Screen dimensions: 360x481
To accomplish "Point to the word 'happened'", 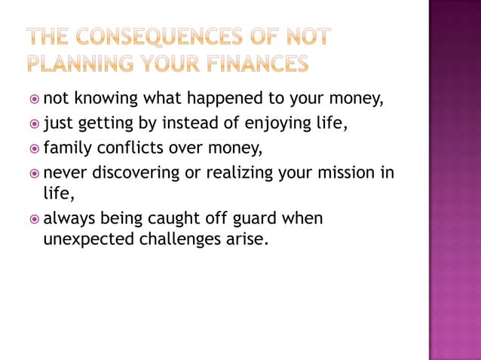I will (231, 98).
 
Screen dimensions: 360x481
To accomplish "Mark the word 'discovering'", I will (137, 172).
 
